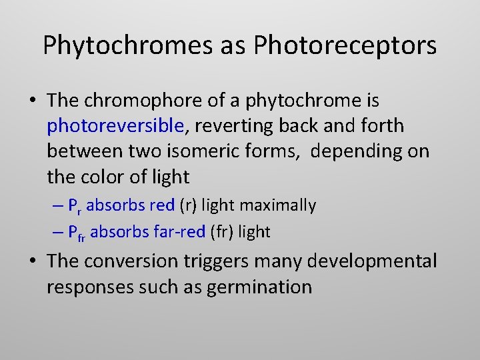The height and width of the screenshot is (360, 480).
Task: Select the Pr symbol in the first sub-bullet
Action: click(x=75, y=206)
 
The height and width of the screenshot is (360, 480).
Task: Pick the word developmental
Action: click(x=377, y=261)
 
